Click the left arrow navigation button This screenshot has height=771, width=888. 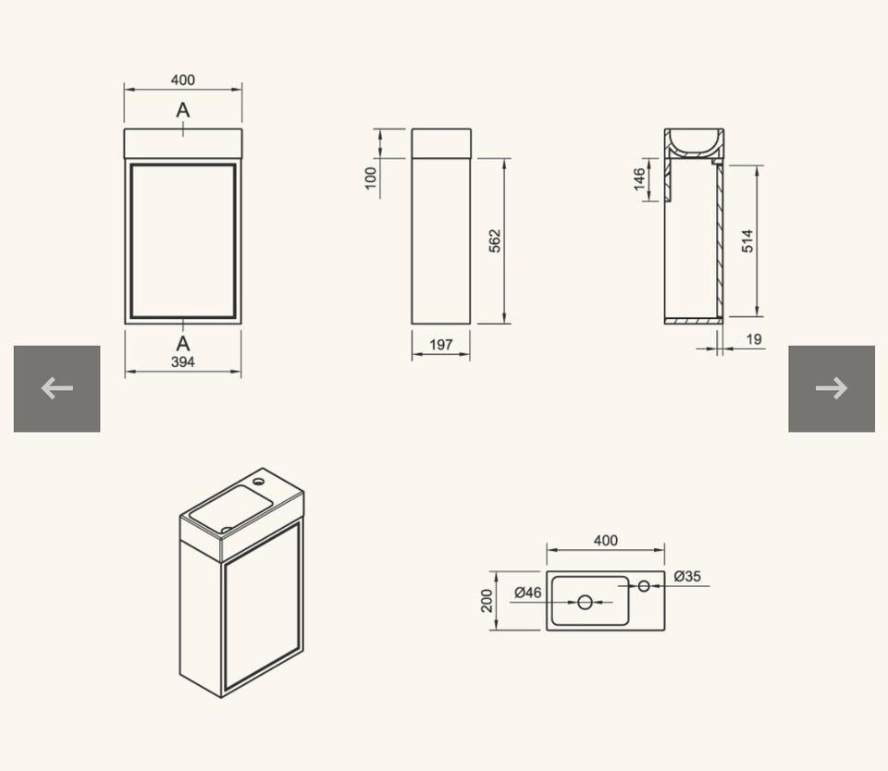[x=56, y=389]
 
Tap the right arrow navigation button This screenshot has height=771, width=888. [x=832, y=389]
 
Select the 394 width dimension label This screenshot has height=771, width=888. [x=183, y=362]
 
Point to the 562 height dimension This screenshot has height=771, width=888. [x=494, y=240]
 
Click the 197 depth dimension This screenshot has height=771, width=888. [x=441, y=345]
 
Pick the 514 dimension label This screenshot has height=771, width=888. [x=747, y=240]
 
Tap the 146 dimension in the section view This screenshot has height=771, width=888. [x=639, y=178]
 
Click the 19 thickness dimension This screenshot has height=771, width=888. [x=754, y=339]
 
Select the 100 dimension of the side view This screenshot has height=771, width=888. [x=371, y=178]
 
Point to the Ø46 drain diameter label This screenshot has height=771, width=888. [x=528, y=593]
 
